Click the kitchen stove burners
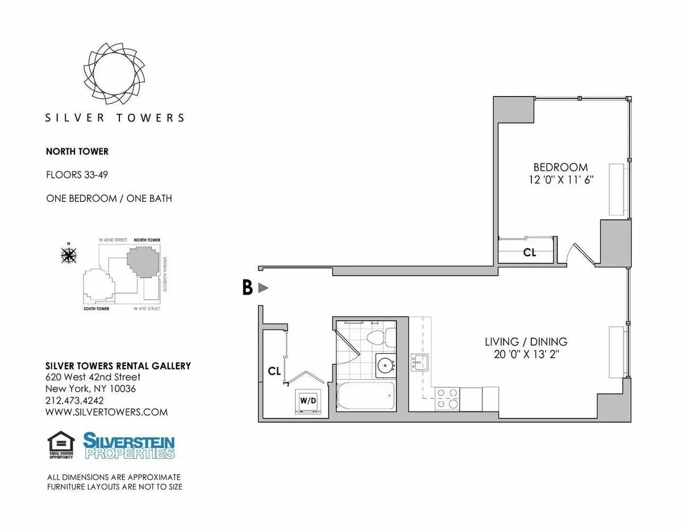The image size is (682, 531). [x=447, y=397]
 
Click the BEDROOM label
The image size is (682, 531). [x=560, y=167]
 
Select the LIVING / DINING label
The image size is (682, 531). [x=526, y=342]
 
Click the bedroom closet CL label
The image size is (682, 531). [x=530, y=252]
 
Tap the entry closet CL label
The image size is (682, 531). [x=275, y=371]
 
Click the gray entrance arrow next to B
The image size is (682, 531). [x=263, y=288]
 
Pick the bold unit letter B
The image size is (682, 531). [x=247, y=288]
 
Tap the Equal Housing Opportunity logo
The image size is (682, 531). [x=61, y=445]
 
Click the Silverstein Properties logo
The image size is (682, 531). [x=129, y=445]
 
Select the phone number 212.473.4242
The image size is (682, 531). [x=75, y=401]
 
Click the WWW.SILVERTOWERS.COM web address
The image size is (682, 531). [x=106, y=412]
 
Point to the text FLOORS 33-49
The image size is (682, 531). [x=77, y=175]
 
